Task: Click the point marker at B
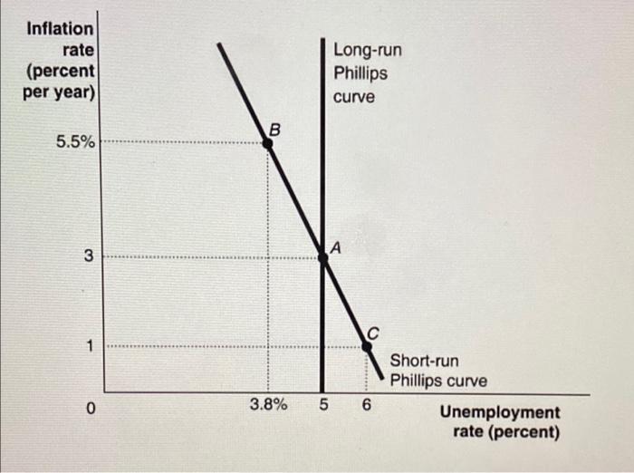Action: tap(268, 141)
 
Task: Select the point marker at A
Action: tap(322, 257)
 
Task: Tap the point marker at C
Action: tap(367, 345)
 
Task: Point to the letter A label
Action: tap(333, 246)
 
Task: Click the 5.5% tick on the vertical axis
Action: tap(75, 142)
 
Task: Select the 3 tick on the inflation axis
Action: tap(89, 256)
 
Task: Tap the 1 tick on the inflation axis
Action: tap(89, 345)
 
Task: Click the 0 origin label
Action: tap(90, 409)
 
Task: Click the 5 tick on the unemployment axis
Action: tap(323, 405)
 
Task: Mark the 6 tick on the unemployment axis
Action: tap(367, 405)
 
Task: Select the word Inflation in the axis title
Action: tap(60, 29)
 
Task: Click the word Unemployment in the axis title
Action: tap(500, 413)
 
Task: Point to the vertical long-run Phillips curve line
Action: tap(322, 181)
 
